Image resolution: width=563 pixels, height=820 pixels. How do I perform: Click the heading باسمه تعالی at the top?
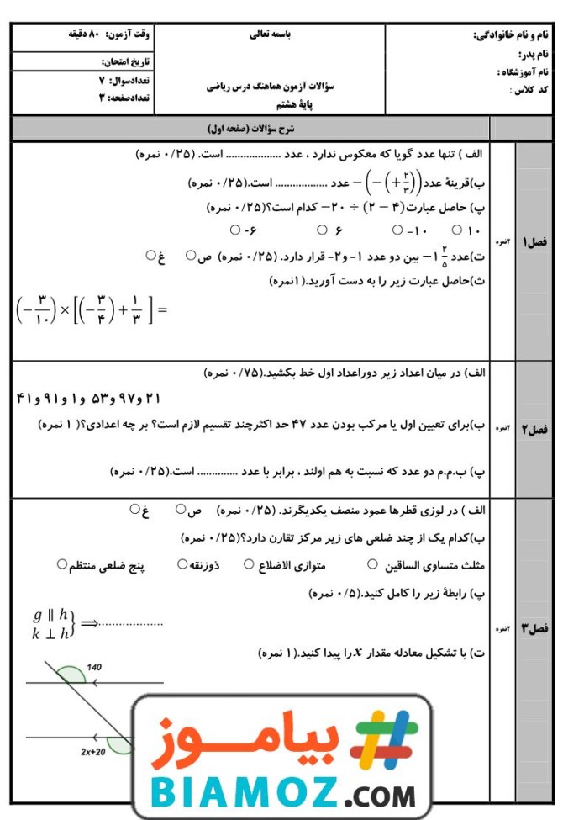pyautogui.click(x=271, y=36)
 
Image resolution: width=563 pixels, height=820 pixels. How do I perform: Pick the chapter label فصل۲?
pyautogui.click(x=534, y=430)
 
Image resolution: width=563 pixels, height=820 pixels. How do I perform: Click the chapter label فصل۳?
pyautogui.click(x=534, y=628)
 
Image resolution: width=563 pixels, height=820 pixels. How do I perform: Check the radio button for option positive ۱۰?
pyautogui.click(x=457, y=230)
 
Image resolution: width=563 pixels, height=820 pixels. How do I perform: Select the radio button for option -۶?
pyautogui.click(x=234, y=230)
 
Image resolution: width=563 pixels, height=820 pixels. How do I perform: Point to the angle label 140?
pyautogui.click(x=93, y=667)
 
